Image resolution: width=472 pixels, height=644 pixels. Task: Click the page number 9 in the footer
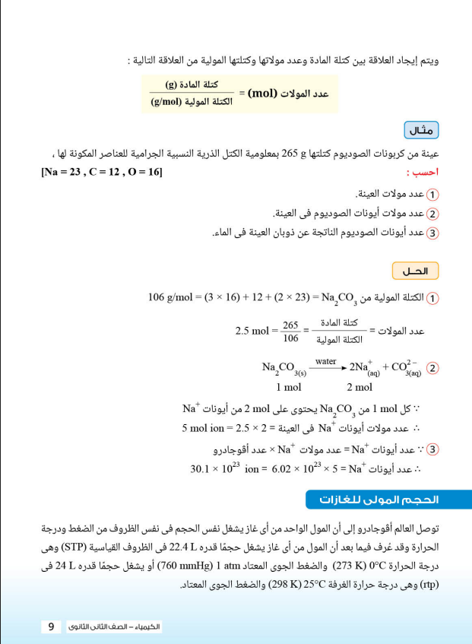coord(51,627)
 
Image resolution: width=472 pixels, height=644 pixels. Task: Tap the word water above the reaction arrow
coord(325,361)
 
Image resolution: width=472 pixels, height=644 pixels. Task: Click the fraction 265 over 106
coord(290,332)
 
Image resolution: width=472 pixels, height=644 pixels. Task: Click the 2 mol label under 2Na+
coord(362,385)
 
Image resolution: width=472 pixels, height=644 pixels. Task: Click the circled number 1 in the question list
coord(433,195)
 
